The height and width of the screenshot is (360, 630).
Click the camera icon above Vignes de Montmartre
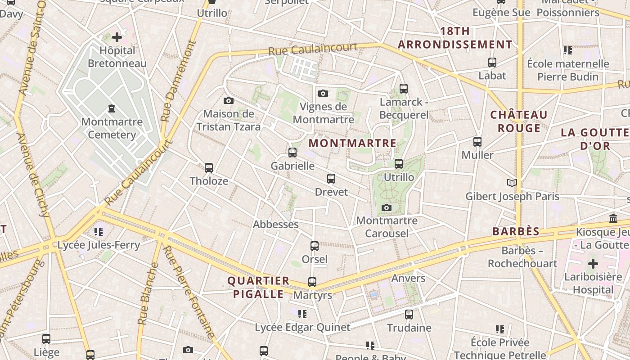pos(323,94)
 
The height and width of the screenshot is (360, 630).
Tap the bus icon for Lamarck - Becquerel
pos(404,89)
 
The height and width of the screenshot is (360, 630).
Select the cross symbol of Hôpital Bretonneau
pos(117,37)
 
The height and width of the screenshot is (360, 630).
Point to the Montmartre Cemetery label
pos(112,128)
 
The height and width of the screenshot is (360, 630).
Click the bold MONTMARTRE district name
pos(353,144)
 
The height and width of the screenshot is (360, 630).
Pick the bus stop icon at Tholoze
pos(209,168)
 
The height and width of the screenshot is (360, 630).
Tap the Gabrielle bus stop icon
pos(292,153)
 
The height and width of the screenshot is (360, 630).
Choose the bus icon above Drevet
pos(331,179)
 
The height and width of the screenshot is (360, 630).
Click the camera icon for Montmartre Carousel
pos(386,207)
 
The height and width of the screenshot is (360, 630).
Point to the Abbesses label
pos(275,224)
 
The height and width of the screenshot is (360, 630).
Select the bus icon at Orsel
pos(315,246)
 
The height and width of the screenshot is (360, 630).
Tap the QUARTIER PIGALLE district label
pos(258,288)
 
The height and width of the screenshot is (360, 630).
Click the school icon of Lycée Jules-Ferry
pos(99,232)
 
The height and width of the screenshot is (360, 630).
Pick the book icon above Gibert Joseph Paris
pos(512,183)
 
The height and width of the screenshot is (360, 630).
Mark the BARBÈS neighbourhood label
pos(516,232)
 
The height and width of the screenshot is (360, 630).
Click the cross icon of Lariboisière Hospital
pos(593,263)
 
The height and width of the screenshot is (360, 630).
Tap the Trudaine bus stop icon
pos(409,315)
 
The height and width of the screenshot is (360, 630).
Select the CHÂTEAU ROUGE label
pos(519,121)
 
